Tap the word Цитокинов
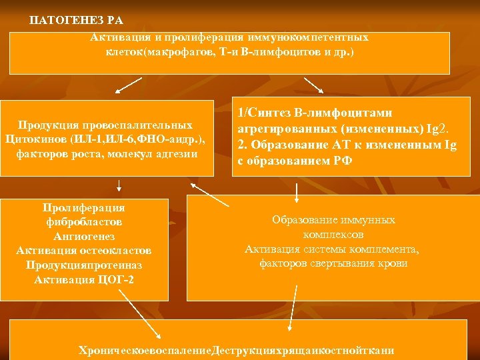(x=33, y=139)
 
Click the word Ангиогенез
(x=84, y=236)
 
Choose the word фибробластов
(x=84, y=222)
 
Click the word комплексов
(x=333, y=235)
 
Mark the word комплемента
(x=383, y=249)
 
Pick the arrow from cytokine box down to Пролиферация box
(x=119, y=185)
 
